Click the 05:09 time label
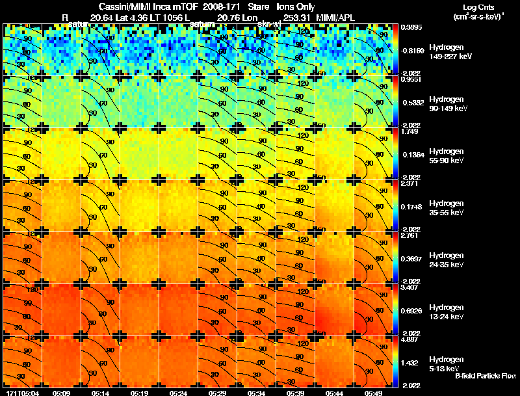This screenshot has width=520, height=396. (x=62, y=393)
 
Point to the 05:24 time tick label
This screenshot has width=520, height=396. (x=179, y=393)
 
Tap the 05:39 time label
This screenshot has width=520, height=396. (x=296, y=393)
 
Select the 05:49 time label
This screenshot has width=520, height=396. (x=374, y=393)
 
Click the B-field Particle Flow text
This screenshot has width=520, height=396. (x=485, y=376)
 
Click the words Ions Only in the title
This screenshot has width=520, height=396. (x=296, y=7)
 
